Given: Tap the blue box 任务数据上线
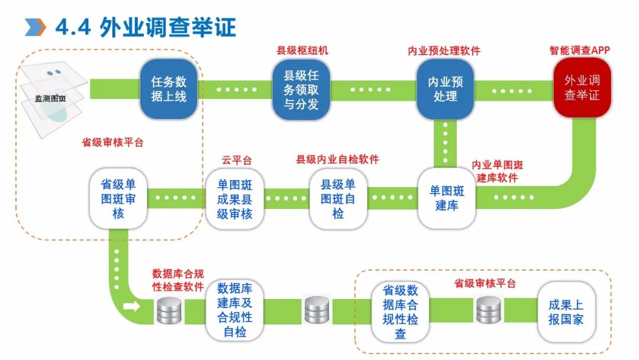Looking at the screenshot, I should pyautogui.click(x=168, y=88).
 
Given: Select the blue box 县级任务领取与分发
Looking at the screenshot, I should pyautogui.click(x=301, y=89).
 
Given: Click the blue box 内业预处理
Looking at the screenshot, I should pyautogui.click(x=445, y=89).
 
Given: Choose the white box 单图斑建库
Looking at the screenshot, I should pyautogui.click(x=447, y=198).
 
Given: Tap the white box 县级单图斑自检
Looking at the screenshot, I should pyautogui.click(x=338, y=198).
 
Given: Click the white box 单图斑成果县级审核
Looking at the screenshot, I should pyautogui.click(x=234, y=198).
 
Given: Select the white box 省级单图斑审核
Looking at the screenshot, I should pyautogui.click(x=118, y=198).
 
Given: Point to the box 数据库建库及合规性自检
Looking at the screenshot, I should pyautogui.click(x=234, y=310).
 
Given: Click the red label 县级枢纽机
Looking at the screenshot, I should pyautogui.click(x=302, y=51).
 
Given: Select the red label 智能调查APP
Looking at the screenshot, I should pyautogui.click(x=579, y=51).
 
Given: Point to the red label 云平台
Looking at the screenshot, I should pyautogui.click(x=237, y=160).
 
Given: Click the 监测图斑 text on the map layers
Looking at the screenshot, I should pyautogui.click(x=51, y=99).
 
